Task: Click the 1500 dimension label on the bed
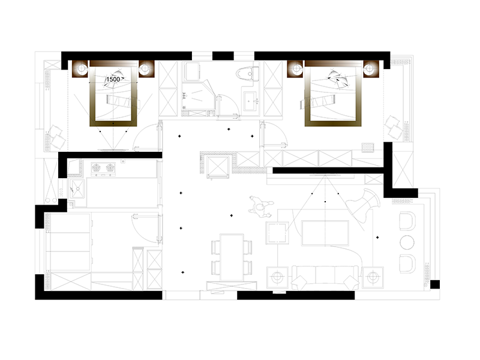point(113,79)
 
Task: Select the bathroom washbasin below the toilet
point(250,101)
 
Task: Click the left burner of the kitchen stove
point(97,168)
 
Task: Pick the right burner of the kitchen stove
point(110,168)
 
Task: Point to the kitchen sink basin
point(77,188)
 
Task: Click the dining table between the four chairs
point(232,257)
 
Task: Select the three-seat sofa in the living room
point(325,277)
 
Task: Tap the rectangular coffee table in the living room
point(325,233)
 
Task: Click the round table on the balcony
point(407,242)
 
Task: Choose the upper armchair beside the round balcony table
point(407,221)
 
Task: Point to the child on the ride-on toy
point(260,206)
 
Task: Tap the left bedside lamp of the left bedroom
point(81,68)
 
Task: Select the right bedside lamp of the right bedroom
point(370,69)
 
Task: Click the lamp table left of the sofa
point(277,277)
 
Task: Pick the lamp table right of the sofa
point(373,277)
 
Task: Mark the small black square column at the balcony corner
point(435,284)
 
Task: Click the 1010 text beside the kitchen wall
point(61,193)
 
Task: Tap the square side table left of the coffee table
point(277,233)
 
